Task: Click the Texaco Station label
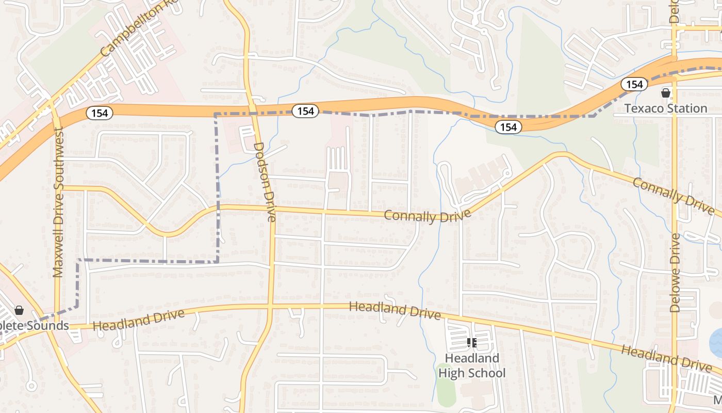coord(666,108)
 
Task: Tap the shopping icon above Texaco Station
coord(666,93)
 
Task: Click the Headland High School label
coord(472,366)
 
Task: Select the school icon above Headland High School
coord(471,342)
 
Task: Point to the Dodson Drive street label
coord(265,182)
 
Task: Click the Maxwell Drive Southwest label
coord(58,202)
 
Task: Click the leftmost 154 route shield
coord(99,113)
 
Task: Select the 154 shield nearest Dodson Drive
coord(305,110)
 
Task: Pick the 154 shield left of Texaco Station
coord(634,84)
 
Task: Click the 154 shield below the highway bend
coord(508,126)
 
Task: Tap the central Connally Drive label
coord(428,216)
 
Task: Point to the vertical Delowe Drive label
coord(675,273)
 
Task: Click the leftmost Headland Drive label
coord(139,320)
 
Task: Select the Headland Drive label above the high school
coord(395,310)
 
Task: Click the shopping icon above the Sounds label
coord(19,310)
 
